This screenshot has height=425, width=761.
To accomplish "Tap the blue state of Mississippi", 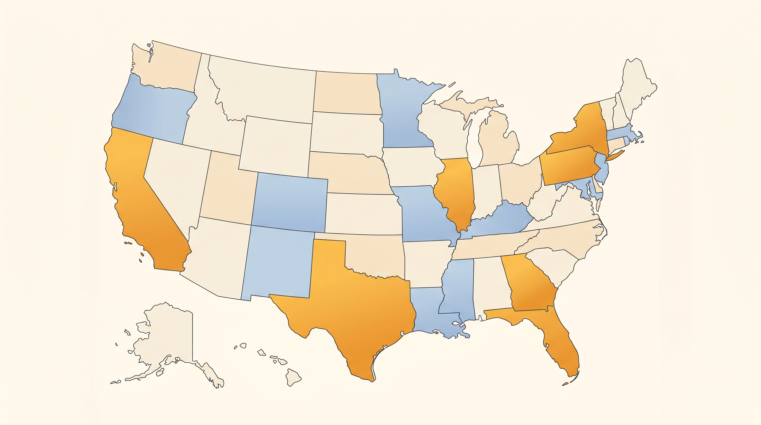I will click(x=458, y=290).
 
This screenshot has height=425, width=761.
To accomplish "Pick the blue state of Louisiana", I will click(x=428, y=316).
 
